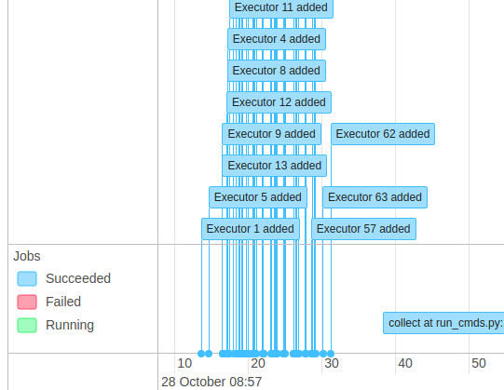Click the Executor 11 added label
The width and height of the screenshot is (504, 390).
tap(280, 7)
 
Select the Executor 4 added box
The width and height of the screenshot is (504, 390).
tap(276, 39)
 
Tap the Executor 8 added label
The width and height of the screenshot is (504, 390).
tap(276, 71)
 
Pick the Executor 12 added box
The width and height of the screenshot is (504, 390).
tap(279, 102)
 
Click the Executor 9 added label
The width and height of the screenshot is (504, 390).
tap(271, 134)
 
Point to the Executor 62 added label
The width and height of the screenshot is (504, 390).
tap(383, 134)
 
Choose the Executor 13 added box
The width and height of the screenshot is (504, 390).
tap(274, 166)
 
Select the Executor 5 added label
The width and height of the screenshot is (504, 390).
tap(257, 197)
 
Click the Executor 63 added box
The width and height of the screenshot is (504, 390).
tap(375, 197)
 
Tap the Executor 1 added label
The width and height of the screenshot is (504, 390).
tap(250, 229)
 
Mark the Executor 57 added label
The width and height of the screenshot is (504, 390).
tap(363, 229)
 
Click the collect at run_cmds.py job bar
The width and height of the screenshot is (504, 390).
tap(444, 324)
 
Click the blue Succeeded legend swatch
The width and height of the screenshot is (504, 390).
tap(27, 278)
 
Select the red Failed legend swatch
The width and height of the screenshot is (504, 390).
tap(27, 302)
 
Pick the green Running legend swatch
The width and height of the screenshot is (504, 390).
tap(27, 325)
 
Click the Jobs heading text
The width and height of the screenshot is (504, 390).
tap(26, 256)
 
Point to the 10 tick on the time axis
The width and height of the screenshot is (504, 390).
tap(184, 364)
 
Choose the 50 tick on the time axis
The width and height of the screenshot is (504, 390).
tap(477, 364)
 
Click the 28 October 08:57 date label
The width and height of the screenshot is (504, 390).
tap(211, 382)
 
